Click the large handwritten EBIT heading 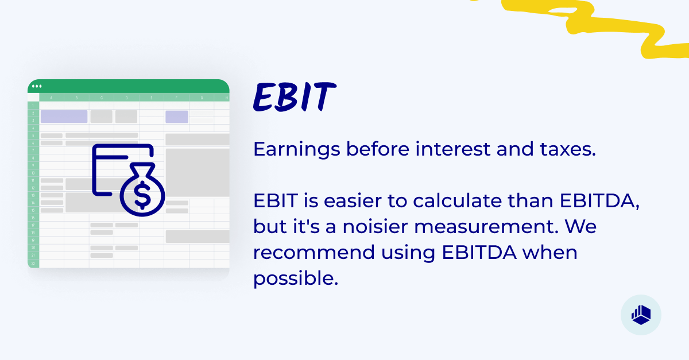293,97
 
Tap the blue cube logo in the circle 641,315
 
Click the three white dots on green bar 37,87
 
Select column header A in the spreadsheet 52,98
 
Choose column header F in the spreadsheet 176,98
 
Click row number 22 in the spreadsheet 33,263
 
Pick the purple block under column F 177,117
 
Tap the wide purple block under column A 64,117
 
